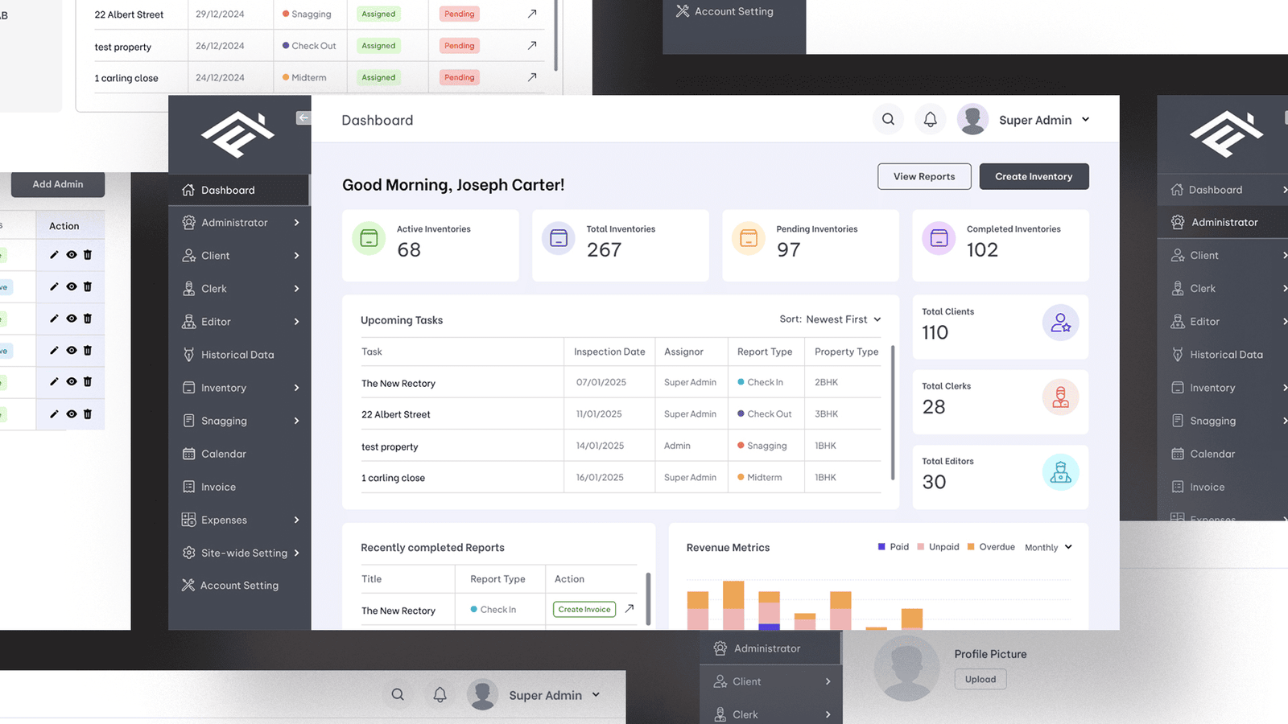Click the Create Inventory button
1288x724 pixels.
click(1034, 177)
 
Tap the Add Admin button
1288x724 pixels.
click(58, 184)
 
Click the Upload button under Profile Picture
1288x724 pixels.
click(980, 680)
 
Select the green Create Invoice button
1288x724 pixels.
click(584, 610)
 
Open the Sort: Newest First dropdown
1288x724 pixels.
click(830, 319)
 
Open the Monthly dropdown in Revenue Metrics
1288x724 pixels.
click(1048, 548)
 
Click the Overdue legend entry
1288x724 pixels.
click(991, 547)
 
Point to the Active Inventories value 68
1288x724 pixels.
click(409, 250)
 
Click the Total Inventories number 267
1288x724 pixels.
click(604, 250)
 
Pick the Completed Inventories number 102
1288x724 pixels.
click(982, 250)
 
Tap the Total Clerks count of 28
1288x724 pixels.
click(934, 407)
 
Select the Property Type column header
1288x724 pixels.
click(846, 352)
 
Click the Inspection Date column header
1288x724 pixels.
click(609, 352)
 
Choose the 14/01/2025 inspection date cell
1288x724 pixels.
click(600, 446)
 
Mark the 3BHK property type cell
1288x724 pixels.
click(826, 414)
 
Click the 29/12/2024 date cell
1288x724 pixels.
click(220, 14)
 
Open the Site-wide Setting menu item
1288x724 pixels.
click(244, 553)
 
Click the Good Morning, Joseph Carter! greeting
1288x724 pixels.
click(453, 185)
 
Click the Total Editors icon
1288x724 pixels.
click(1060, 473)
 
